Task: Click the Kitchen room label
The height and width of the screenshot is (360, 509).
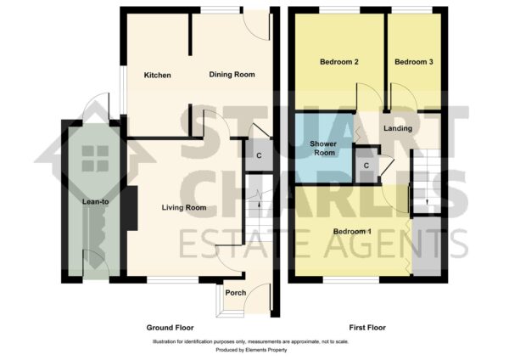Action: [158, 76]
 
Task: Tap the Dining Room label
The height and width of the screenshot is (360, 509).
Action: [232, 75]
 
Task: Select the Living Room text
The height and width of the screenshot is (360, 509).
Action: [184, 208]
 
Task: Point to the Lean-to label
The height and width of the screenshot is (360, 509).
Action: [95, 202]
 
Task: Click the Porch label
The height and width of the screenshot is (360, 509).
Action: [236, 293]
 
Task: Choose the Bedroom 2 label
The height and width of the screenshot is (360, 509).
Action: [339, 62]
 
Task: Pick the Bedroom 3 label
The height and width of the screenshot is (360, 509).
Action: [414, 62]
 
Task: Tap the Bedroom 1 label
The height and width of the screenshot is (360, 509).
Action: [353, 231]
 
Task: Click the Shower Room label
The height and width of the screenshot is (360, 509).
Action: [323, 148]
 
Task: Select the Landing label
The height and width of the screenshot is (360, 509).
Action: [398, 128]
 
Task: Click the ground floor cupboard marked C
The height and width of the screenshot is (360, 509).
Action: [259, 155]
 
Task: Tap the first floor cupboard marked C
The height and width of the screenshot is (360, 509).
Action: [366, 166]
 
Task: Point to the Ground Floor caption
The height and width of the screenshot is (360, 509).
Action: [171, 328]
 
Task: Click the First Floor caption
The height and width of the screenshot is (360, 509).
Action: [367, 328]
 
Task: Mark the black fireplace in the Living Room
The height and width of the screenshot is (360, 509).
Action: [131, 208]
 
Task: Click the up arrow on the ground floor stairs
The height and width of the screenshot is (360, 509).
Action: [259, 204]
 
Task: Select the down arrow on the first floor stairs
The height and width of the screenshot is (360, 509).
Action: [427, 202]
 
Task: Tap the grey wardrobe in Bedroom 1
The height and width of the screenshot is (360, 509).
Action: [426, 246]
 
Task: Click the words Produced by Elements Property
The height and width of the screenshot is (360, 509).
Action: [251, 350]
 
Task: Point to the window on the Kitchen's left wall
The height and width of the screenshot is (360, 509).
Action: [123, 90]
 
